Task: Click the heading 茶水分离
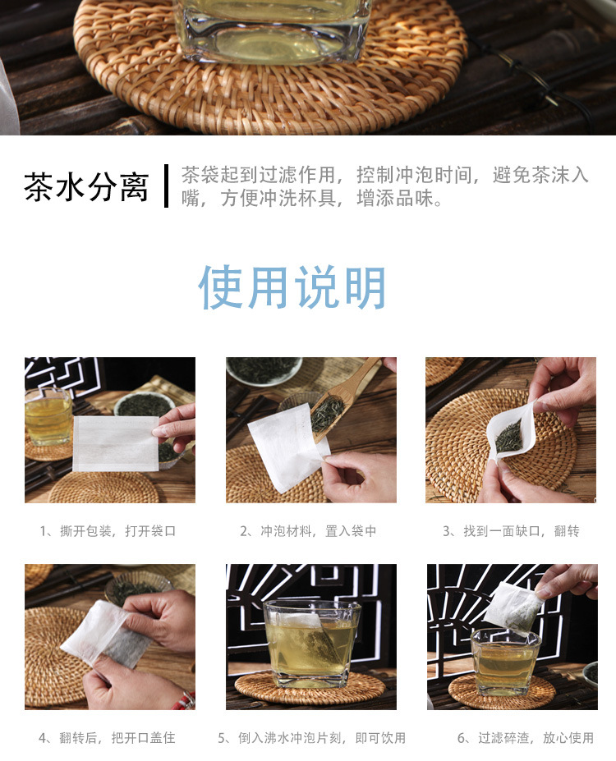pos(86,186)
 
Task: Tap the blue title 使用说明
pos(292,287)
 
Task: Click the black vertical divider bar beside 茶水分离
pos(166,186)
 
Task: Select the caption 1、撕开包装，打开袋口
pos(108,531)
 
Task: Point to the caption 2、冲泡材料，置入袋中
pos(308,531)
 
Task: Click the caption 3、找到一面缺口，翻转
pos(511,531)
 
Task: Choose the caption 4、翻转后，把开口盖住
pos(108,738)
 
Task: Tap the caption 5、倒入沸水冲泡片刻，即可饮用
pos(311,738)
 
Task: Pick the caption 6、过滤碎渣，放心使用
pos(526,738)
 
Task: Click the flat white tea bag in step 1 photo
pos(116,443)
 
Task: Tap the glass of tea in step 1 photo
pos(48,416)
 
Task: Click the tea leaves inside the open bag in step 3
pos(508,435)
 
